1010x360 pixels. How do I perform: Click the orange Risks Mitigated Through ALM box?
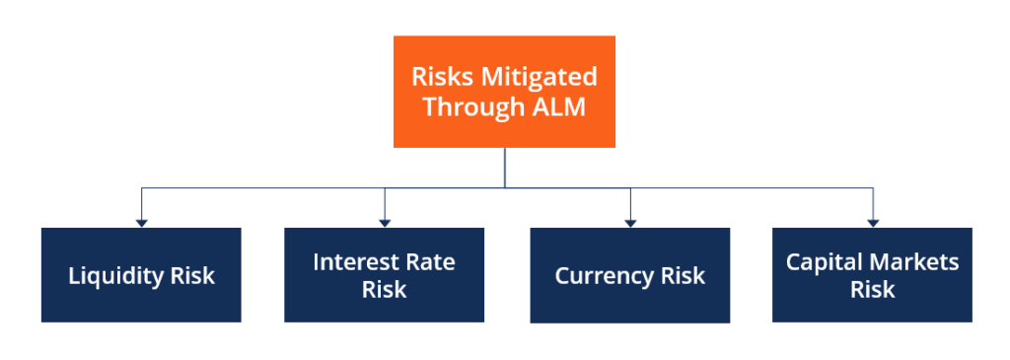pos(504,92)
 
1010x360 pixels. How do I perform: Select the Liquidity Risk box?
pos(141,275)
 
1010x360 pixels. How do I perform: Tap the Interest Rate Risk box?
pos(384,275)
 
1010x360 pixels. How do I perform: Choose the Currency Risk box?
pos(629,275)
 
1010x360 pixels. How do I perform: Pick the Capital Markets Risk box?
pos(872,275)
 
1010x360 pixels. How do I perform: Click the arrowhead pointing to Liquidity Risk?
pos(141,223)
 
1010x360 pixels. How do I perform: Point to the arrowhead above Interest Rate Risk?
pos(384,223)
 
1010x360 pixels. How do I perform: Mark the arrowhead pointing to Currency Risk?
pos(629,223)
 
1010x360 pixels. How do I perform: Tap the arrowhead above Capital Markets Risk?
pos(872,223)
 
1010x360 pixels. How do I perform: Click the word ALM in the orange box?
pos(558,107)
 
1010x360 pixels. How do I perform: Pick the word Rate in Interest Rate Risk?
pos(430,262)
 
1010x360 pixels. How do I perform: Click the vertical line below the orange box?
pos(504,168)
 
